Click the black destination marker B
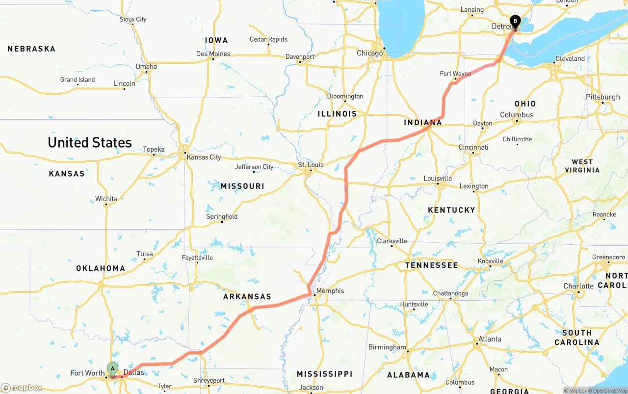pyautogui.click(x=515, y=21)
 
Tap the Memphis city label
pyautogui.click(x=330, y=290)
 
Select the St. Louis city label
pyautogui.click(x=311, y=164)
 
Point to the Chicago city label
pyautogui.click(x=369, y=53)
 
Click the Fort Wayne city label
pyautogui.click(x=455, y=74)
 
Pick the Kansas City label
pyautogui.click(x=204, y=157)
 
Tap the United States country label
pyautogui.click(x=90, y=142)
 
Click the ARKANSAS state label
pyautogui.click(x=247, y=296)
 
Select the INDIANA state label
pyautogui.click(x=423, y=122)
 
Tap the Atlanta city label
pyautogui.click(x=490, y=339)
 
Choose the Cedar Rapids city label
pyautogui.click(x=268, y=39)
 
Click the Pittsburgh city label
pyautogui.click(x=603, y=97)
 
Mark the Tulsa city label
pyautogui.click(x=145, y=254)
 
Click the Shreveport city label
pyautogui.click(x=209, y=380)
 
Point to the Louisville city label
pyautogui.click(x=437, y=178)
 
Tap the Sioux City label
pyautogui.click(x=133, y=19)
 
